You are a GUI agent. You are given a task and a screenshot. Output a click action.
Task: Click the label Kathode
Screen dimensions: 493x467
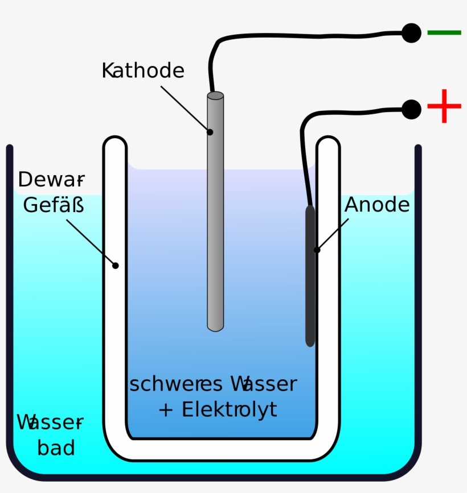pos(143,71)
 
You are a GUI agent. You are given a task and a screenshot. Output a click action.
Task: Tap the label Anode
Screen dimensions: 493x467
pos(377,205)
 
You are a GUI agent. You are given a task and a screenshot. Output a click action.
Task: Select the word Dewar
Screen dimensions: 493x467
pos(51,180)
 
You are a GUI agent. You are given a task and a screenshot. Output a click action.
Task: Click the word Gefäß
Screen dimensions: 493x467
pos(54,205)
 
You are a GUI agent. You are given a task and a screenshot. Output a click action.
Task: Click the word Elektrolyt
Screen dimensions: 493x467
pos(229,409)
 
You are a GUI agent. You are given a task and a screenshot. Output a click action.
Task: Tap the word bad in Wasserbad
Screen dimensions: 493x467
pos(56,448)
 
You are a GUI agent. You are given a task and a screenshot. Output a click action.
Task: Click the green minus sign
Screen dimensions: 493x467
pos(444,33)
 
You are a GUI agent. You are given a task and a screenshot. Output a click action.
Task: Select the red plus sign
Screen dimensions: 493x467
pos(444,106)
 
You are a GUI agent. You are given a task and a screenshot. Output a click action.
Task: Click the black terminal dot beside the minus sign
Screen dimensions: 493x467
pos(411,33)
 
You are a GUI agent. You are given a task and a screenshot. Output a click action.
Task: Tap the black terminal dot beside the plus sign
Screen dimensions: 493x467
pos(411,109)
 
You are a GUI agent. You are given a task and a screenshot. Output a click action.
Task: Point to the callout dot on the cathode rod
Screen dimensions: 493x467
pos(210,132)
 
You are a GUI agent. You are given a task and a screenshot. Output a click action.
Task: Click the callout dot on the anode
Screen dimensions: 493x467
pos(317,250)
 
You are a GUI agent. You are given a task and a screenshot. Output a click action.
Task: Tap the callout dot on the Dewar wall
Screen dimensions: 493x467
pos(116,265)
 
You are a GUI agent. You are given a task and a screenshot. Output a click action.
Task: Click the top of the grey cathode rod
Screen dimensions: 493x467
pos(215,96)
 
